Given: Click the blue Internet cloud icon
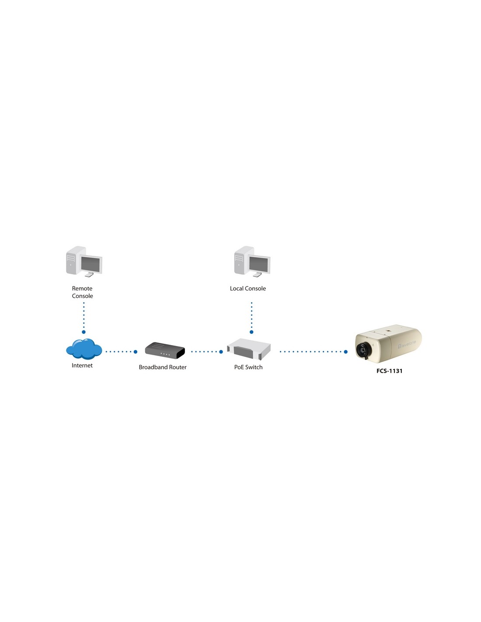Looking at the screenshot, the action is click(x=84, y=349).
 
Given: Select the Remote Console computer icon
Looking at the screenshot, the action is click(x=84, y=261).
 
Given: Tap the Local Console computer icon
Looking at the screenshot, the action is click(x=252, y=261).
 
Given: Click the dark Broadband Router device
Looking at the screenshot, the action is click(x=165, y=350).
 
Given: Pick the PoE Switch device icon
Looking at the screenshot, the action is click(x=249, y=349).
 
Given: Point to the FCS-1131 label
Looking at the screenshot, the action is click(x=389, y=371).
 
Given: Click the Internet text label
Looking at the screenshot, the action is click(x=82, y=366).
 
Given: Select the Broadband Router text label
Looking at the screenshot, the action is click(x=163, y=367).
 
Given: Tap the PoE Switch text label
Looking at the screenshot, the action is click(x=248, y=367).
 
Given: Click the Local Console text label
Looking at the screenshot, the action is click(x=248, y=289).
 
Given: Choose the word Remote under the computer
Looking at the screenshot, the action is click(x=82, y=289).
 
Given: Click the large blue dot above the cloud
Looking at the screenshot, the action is click(x=84, y=332).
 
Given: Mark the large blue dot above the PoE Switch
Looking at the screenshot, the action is click(x=251, y=332).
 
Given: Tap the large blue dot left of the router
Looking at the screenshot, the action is click(x=136, y=352).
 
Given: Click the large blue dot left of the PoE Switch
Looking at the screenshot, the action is click(x=221, y=352).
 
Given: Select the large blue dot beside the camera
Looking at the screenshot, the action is click(x=345, y=352).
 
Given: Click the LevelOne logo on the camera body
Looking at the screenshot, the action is click(x=407, y=344).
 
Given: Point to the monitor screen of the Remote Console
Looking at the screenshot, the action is click(x=91, y=264).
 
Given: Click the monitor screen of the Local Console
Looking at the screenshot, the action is click(x=259, y=264).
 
